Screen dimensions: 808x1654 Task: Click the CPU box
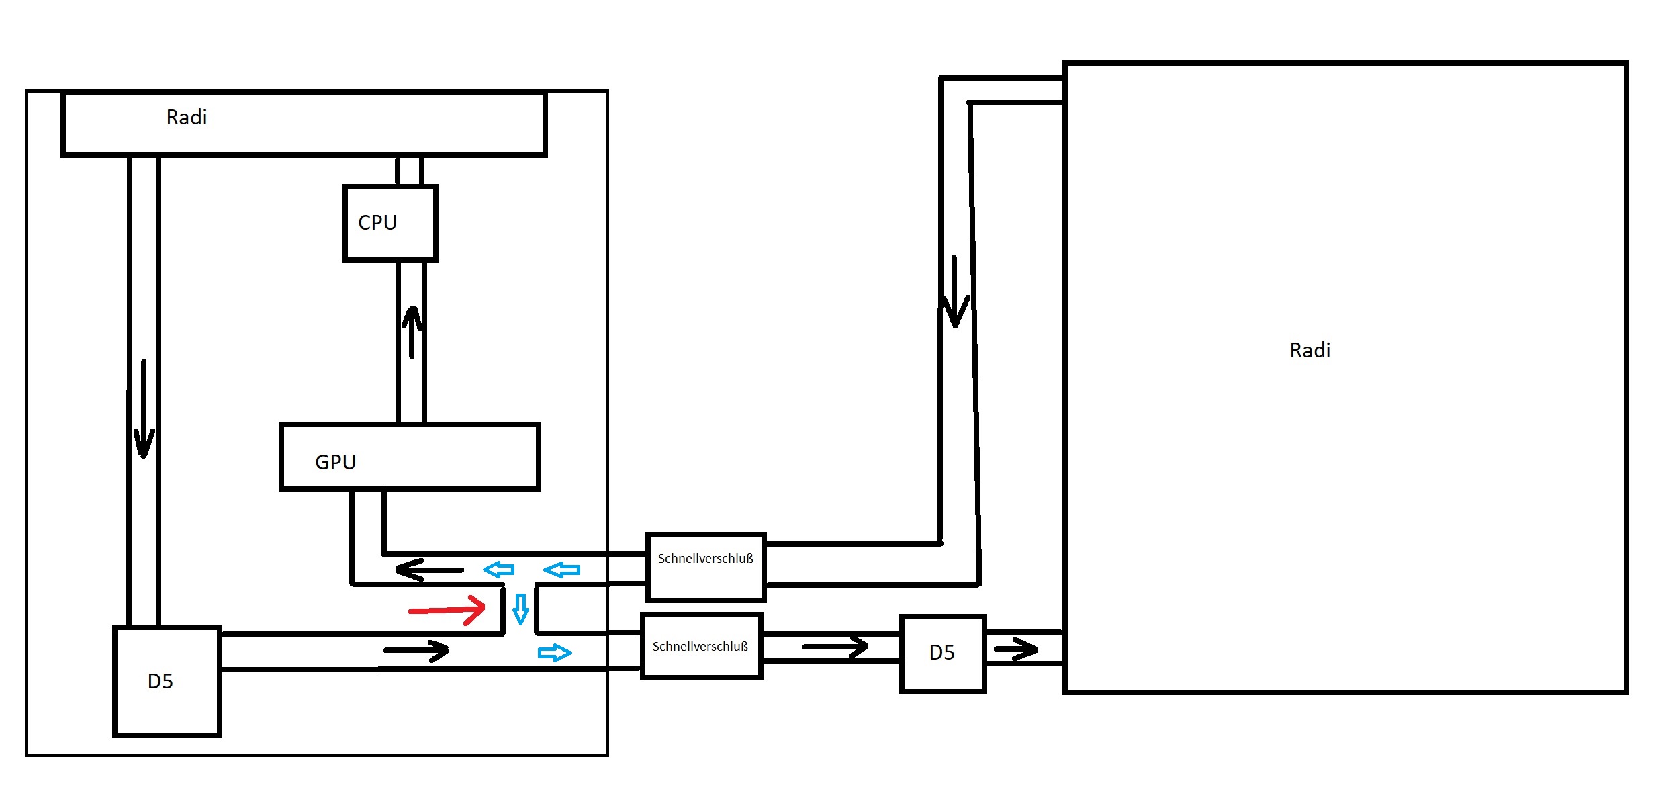[x=390, y=223]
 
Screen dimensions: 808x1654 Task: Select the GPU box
[x=410, y=457]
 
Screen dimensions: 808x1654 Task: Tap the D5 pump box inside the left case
[x=167, y=681]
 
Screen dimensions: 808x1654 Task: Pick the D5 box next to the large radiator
[x=943, y=654]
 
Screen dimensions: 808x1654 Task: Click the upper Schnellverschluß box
[x=706, y=567]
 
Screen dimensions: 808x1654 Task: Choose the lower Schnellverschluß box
[x=701, y=646]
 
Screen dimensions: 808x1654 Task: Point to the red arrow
[x=447, y=610]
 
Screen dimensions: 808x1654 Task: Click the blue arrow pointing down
[x=520, y=609]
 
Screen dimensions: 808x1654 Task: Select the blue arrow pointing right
[x=555, y=652]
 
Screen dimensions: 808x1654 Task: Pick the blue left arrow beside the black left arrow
[x=499, y=570]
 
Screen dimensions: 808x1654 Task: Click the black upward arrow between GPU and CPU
[x=412, y=332]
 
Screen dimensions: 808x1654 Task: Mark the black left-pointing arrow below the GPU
[x=430, y=570]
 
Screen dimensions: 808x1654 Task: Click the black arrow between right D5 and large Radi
[x=1015, y=649]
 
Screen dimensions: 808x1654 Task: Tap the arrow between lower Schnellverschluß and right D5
[x=835, y=647]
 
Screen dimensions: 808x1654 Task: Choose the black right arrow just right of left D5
[x=416, y=650]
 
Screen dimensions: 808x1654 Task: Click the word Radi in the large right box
[x=1310, y=351]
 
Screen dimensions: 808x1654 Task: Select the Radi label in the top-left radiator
[x=187, y=118]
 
